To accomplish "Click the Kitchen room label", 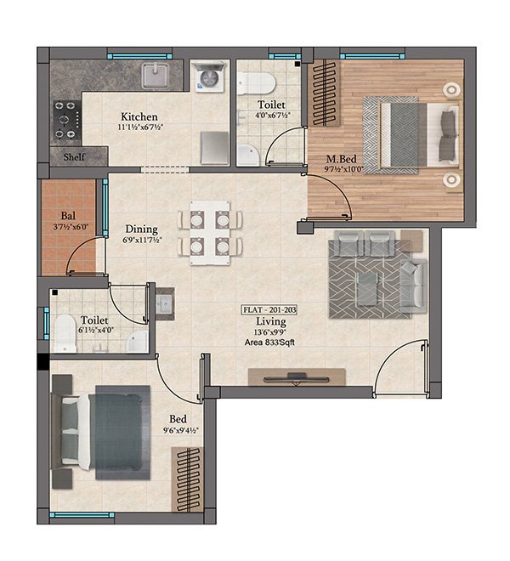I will coord(139,116).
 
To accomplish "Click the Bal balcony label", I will coord(69,216).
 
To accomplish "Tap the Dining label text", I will coord(141,229).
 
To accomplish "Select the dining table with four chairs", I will coord(205,230).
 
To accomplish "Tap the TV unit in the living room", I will coord(296,376).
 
